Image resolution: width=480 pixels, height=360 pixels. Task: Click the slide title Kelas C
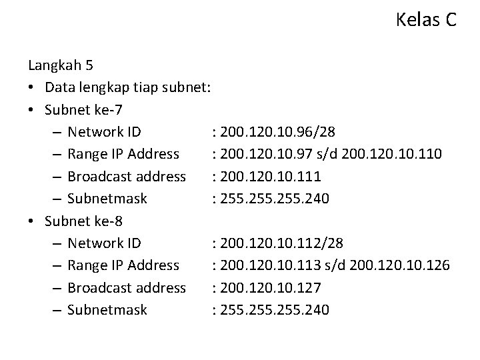coord(425,20)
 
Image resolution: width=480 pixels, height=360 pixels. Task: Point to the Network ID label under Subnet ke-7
coord(104,131)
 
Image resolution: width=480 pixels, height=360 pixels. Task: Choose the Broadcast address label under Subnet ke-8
coord(127,287)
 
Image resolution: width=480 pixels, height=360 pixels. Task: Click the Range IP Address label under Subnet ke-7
coord(123,154)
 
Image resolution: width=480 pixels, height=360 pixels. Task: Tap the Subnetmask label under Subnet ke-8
coord(107,310)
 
